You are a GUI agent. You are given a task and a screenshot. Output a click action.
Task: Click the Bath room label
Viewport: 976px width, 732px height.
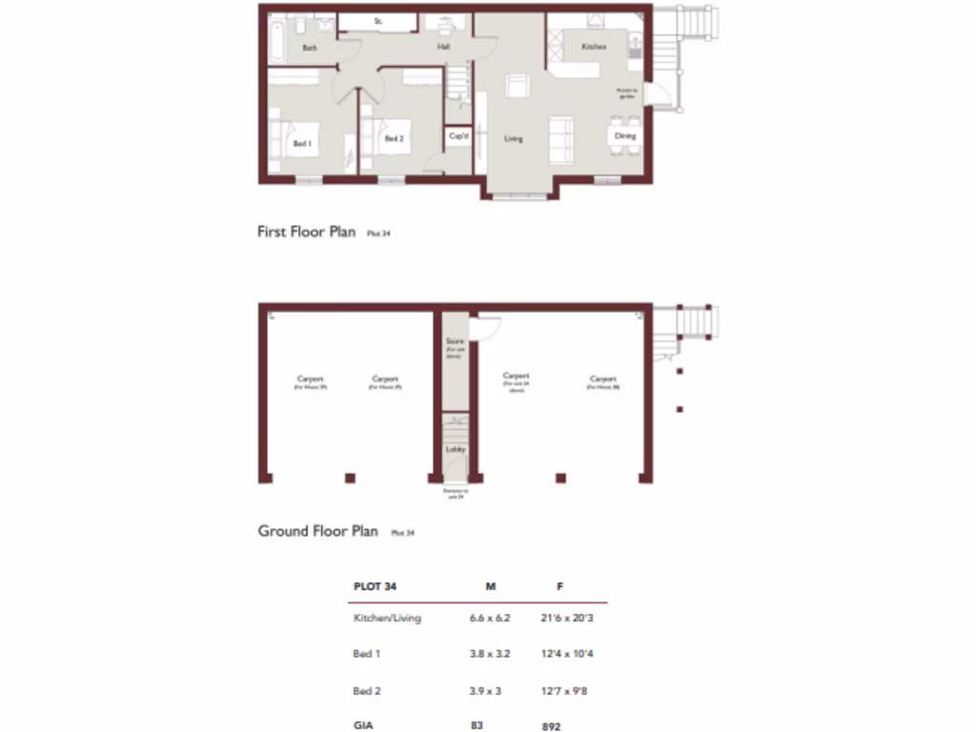(x=310, y=47)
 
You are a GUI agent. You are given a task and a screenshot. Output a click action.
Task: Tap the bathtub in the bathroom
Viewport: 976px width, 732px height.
(x=275, y=41)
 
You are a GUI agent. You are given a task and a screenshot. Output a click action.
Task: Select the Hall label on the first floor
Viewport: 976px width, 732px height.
(x=443, y=46)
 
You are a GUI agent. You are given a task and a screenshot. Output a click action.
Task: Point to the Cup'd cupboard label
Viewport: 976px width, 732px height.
(x=458, y=137)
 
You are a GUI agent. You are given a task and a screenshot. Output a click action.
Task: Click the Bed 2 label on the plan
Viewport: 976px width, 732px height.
(x=395, y=138)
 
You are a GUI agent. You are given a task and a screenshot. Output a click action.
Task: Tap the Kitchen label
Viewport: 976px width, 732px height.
(x=594, y=46)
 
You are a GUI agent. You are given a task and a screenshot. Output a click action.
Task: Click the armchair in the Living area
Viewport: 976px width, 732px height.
(x=518, y=86)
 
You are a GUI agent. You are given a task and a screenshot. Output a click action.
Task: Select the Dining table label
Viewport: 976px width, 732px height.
(x=624, y=136)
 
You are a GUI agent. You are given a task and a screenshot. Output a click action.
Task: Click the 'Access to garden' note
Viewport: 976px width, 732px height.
(x=626, y=93)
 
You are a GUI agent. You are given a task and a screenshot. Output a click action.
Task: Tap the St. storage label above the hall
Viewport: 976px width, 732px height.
(x=378, y=20)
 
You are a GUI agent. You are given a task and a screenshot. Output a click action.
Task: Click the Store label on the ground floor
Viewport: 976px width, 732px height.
(x=456, y=340)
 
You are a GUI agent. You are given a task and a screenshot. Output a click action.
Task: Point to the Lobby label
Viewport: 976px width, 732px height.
(x=456, y=449)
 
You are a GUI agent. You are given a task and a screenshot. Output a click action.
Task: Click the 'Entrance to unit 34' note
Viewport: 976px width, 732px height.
(x=455, y=494)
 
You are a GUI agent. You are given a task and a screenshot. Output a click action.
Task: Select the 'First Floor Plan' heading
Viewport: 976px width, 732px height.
(x=306, y=232)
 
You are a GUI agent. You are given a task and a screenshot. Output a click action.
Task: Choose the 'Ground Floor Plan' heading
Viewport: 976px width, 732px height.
(x=317, y=531)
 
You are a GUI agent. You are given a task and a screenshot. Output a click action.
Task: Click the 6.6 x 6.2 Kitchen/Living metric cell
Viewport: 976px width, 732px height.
(x=490, y=618)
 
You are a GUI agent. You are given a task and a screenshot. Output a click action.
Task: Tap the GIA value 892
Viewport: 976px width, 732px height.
(x=552, y=725)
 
